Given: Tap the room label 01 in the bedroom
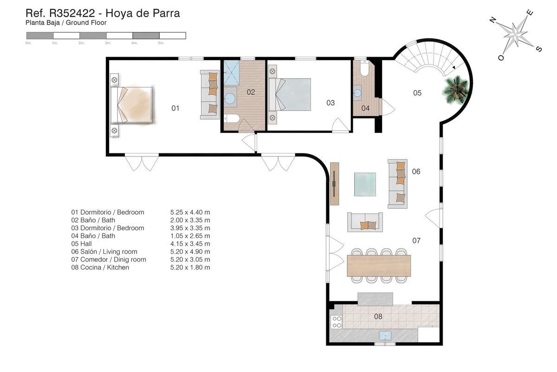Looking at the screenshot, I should tap(175, 108).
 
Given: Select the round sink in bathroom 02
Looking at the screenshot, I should tap(230, 98).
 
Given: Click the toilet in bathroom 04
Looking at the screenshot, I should tap(363, 69).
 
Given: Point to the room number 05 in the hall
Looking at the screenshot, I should tap(417, 93).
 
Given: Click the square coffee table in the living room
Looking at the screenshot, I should tap(365, 185).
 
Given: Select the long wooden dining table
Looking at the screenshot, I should tap(379, 266).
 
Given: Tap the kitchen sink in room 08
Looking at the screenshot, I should tap(385, 335).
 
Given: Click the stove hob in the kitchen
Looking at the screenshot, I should tap(336, 322).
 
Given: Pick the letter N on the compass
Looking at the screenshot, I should tap(493, 20).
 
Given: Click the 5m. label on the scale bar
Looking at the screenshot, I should tap(161, 43).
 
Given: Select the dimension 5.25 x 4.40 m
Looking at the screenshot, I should tap(190, 213).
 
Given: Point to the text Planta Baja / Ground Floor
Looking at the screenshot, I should tap(66, 22).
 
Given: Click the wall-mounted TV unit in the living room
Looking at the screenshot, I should tap(335, 183).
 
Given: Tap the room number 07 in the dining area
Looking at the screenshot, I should tap(416, 241).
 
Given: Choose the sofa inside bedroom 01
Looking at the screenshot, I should tap(209, 94).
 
